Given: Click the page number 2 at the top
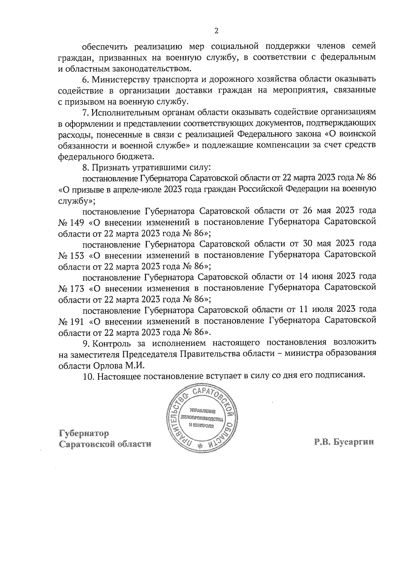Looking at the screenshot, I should [216, 31].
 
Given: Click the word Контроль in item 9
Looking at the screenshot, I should [112, 344].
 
